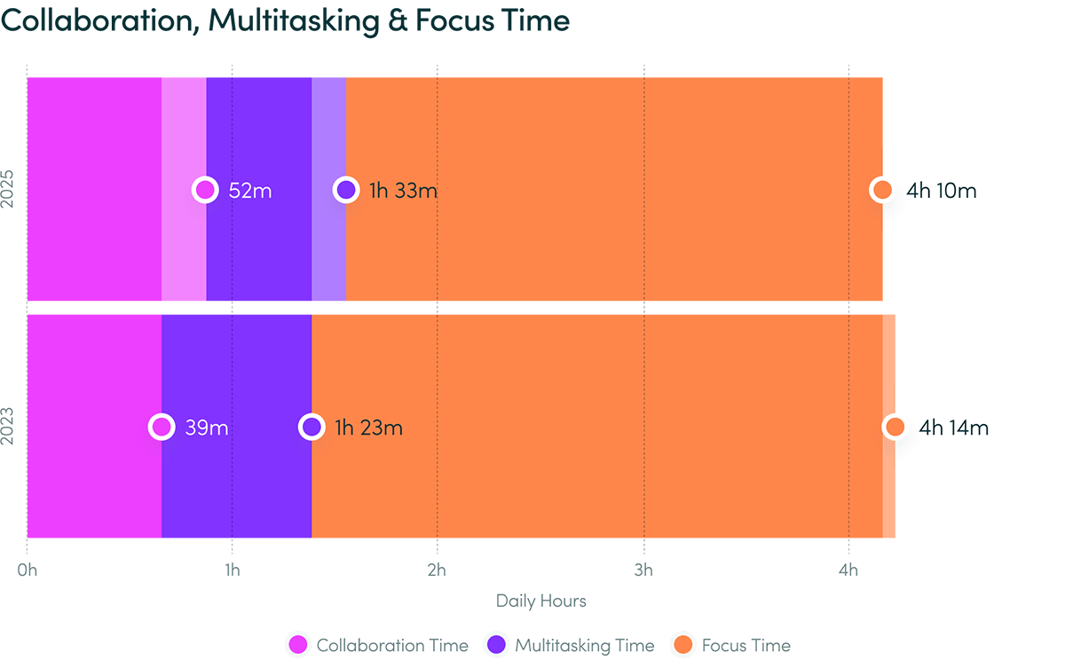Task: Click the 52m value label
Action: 249,190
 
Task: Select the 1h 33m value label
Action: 403,190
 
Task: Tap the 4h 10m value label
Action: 941,190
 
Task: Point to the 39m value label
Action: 207,428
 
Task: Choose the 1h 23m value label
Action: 368,428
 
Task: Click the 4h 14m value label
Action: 953,428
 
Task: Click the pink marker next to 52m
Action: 205,190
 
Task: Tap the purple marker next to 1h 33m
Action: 346,190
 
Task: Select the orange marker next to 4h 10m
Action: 882,190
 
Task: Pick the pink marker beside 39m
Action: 161,428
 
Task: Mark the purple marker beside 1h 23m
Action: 312,428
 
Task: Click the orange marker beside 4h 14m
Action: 895,428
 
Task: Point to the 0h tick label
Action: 27,570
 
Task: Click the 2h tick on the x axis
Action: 438,570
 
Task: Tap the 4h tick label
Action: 849,570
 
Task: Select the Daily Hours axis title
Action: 541,601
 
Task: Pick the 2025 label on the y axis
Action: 9,190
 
